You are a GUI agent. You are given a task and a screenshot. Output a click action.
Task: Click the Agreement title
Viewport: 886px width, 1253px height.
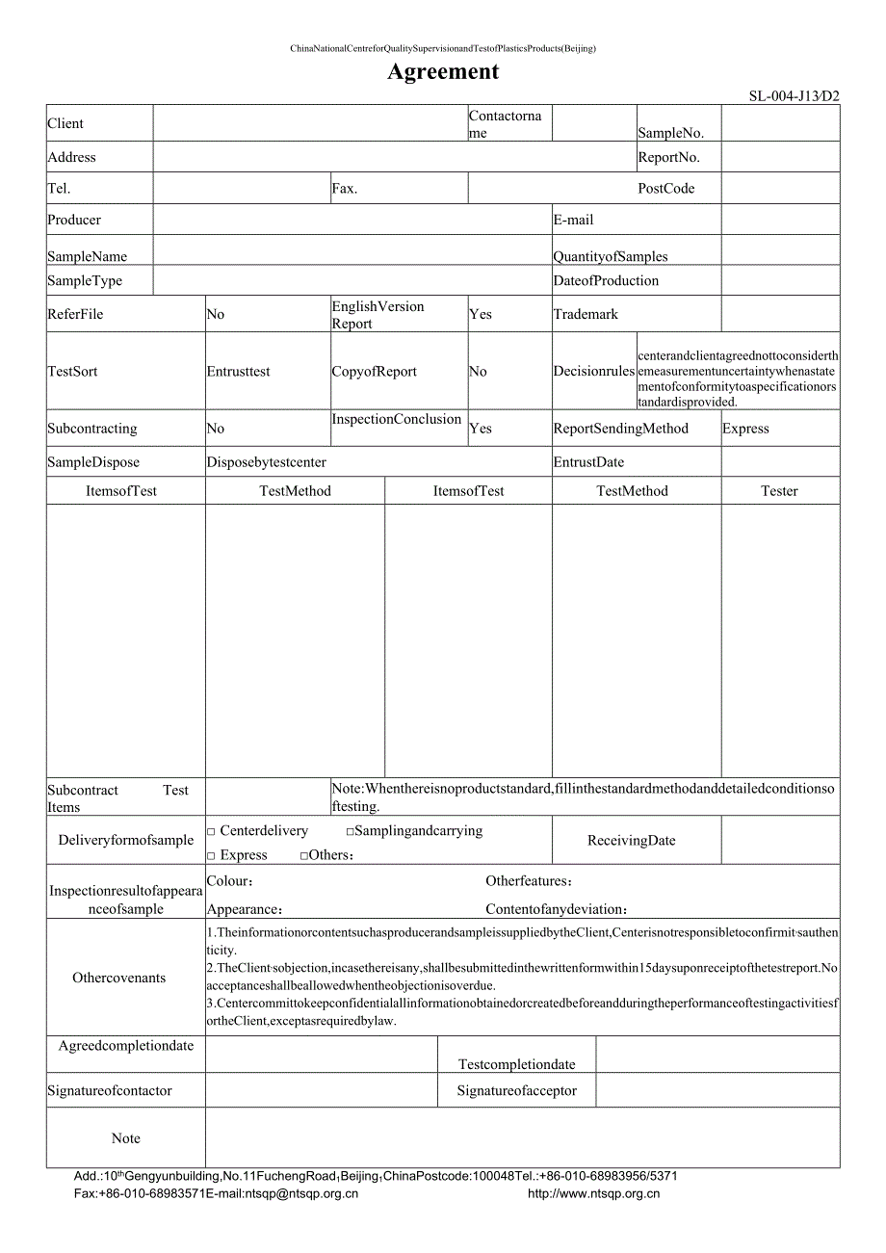(x=443, y=71)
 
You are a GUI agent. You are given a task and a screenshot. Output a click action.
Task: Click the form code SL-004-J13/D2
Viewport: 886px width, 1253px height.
(x=794, y=96)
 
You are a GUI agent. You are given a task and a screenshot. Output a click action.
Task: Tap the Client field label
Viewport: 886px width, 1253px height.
(x=65, y=123)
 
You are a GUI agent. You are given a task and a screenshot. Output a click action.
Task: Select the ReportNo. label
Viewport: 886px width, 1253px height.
(x=668, y=157)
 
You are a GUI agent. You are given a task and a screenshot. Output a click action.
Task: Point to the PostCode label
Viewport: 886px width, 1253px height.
(x=665, y=189)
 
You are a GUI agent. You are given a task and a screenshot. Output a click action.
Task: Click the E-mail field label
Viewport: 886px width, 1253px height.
(x=573, y=220)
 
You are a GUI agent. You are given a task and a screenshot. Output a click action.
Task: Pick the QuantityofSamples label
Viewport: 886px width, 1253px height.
(x=610, y=256)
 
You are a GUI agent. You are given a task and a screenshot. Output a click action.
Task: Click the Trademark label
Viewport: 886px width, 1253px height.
(x=586, y=314)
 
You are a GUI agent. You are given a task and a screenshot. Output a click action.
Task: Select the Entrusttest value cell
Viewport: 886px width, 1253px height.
(x=239, y=372)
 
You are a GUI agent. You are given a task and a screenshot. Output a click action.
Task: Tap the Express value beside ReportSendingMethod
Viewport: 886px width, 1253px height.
(x=745, y=429)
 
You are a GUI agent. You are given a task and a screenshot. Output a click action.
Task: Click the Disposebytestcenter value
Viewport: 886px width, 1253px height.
(x=267, y=462)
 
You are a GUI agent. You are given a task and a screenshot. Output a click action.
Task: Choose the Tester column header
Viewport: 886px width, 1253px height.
(x=779, y=491)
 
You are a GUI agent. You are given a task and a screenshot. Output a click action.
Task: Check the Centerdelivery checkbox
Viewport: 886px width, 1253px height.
(x=212, y=831)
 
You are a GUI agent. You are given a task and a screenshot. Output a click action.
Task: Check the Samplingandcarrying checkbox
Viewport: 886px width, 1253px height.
(x=351, y=831)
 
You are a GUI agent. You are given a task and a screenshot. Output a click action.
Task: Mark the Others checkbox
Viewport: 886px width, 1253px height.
(x=304, y=855)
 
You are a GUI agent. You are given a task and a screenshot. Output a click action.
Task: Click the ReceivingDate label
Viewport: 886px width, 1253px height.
(x=631, y=841)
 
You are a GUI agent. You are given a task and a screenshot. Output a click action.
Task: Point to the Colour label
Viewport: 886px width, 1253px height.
(x=230, y=881)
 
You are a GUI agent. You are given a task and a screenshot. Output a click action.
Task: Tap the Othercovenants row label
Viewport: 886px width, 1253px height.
(x=119, y=979)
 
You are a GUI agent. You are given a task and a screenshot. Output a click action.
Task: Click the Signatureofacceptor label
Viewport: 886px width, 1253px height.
(x=516, y=1091)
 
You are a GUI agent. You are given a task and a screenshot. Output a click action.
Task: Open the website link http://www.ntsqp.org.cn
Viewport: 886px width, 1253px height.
(x=593, y=1194)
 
